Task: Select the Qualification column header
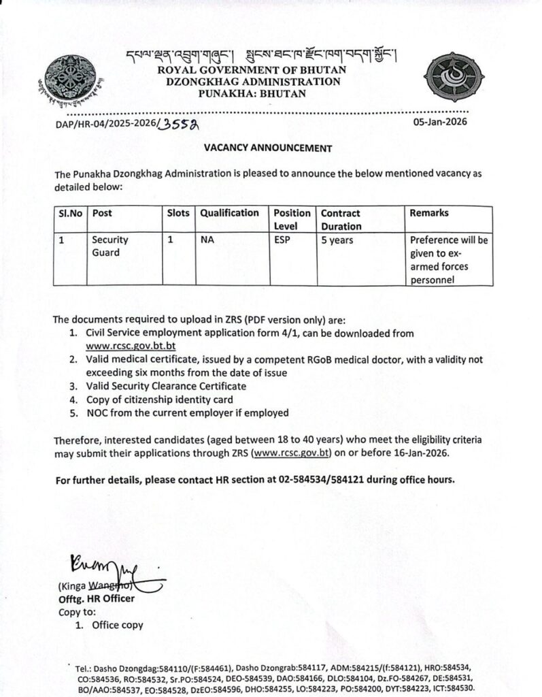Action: [x=229, y=213]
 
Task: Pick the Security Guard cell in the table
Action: [x=110, y=247]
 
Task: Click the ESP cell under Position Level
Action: [x=283, y=240]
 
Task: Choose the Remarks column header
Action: [x=428, y=213]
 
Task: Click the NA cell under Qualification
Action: [x=207, y=240]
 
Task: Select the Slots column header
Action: [x=177, y=213]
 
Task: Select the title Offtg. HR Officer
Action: [x=96, y=599]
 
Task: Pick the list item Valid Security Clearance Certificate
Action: [x=166, y=386]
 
